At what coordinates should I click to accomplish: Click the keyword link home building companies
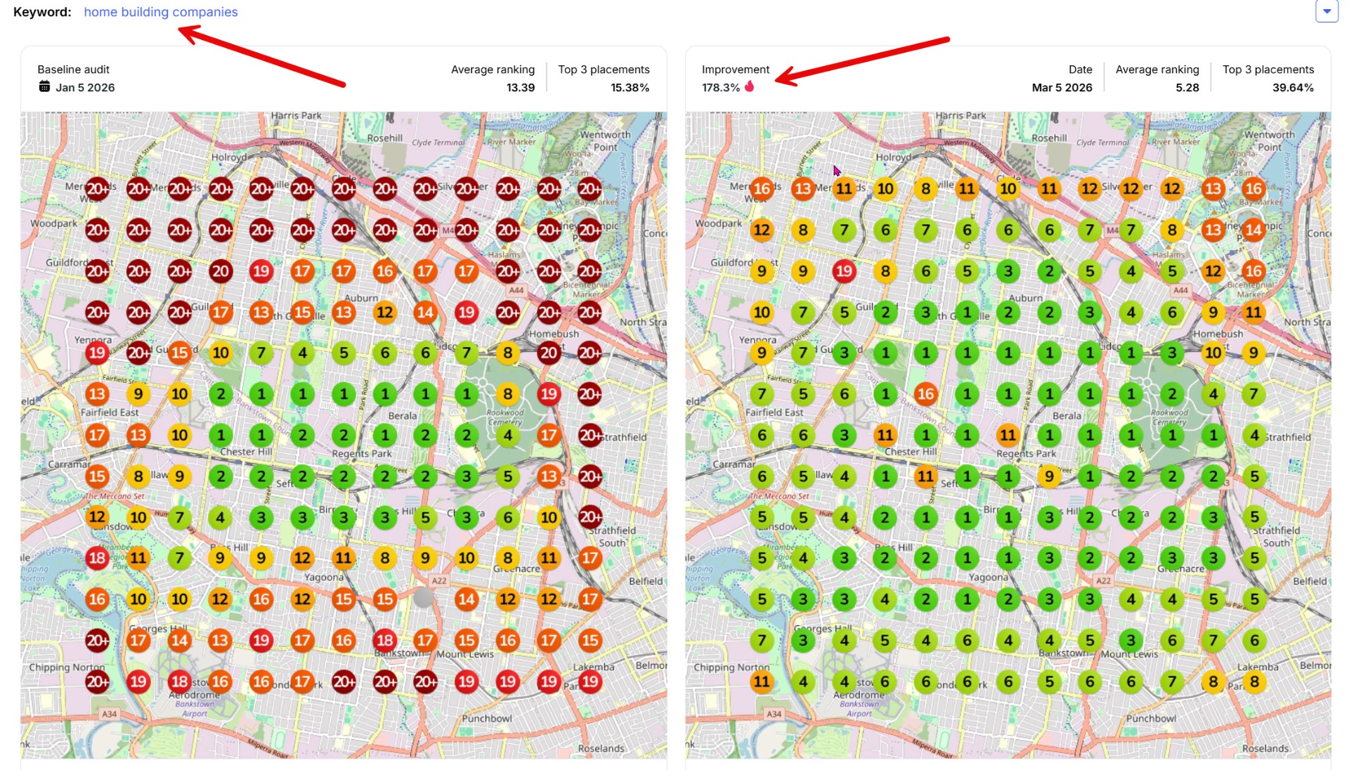click(x=160, y=12)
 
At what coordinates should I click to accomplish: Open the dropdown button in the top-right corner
click(x=1327, y=11)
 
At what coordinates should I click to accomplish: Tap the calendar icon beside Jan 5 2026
click(x=44, y=86)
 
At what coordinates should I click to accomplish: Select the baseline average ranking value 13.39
click(x=520, y=88)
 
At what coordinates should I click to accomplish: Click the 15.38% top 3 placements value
click(x=630, y=88)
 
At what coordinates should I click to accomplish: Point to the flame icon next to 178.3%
click(x=750, y=86)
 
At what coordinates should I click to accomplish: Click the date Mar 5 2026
click(x=1062, y=88)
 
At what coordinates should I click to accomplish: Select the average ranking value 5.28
click(x=1187, y=88)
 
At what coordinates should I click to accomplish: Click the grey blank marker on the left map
click(x=424, y=598)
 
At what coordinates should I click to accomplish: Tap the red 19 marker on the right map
click(x=844, y=271)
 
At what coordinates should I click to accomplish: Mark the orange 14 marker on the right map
click(x=1253, y=230)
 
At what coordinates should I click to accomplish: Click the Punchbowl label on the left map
click(x=486, y=718)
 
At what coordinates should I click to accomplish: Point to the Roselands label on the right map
click(x=1265, y=748)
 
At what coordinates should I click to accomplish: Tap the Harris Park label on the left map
click(x=296, y=116)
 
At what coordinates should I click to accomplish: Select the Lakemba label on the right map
click(x=1258, y=667)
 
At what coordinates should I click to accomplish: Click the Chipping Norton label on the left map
click(x=67, y=667)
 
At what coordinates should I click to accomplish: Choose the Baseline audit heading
click(x=73, y=70)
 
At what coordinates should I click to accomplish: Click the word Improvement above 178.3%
click(x=735, y=70)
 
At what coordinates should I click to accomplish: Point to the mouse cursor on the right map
click(x=836, y=171)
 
